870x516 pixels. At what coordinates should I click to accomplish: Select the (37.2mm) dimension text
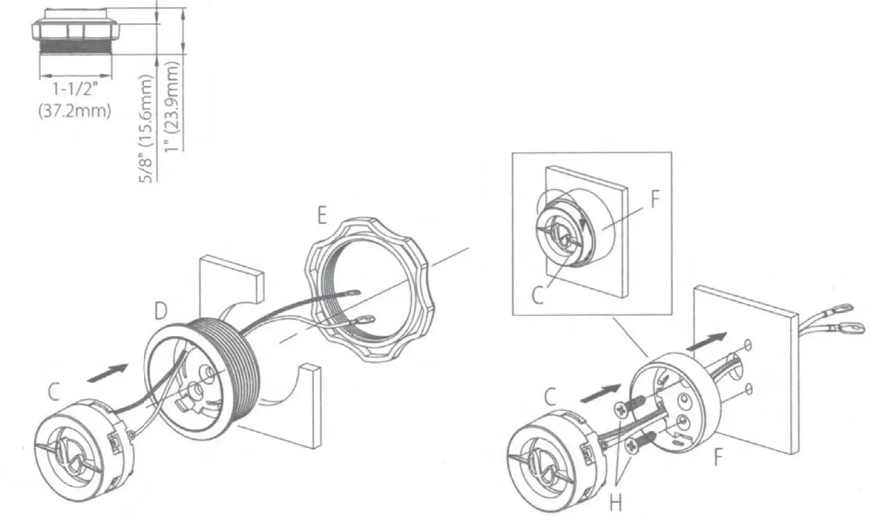pyautogui.click(x=75, y=111)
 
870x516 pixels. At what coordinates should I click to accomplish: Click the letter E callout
pyautogui.click(x=321, y=215)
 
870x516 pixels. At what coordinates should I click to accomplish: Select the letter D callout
pyautogui.click(x=161, y=311)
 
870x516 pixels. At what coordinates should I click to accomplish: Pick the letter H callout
pyautogui.click(x=616, y=502)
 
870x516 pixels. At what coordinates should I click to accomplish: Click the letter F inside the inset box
pyautogui.click(x=654, y=200)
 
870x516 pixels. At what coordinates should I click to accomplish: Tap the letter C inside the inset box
pyautogui.click(x=537, y=295)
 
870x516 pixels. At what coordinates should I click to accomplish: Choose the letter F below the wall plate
pyautogui.click(x=718, y=456)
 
